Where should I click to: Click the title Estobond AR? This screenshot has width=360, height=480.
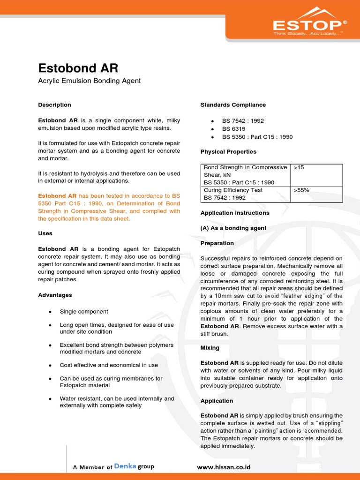point(78,68)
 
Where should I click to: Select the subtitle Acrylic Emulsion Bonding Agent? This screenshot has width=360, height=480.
point(89,81)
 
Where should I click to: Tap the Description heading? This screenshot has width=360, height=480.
point(54,105)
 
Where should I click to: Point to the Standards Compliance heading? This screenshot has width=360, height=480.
point(233,105)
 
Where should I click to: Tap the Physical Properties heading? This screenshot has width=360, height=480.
point(228,152)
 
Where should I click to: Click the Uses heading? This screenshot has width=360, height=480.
point(45,233)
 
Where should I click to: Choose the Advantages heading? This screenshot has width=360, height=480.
point(55,295)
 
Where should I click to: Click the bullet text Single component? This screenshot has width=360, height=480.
point(84,311)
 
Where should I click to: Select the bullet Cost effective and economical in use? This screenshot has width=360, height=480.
point(109,365)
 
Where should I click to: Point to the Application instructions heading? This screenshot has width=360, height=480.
point(235,213)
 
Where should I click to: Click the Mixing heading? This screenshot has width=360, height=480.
point(210,348)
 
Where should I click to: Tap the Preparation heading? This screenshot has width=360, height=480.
point(217,243)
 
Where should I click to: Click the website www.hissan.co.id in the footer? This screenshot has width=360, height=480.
point(224,467)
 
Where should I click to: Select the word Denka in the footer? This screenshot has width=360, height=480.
point(125,466)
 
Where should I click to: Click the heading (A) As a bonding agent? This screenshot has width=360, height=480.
point(233,228)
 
